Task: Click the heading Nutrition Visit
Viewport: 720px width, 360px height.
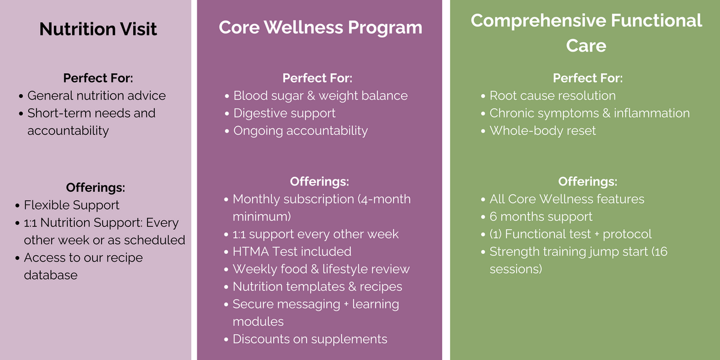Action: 98,29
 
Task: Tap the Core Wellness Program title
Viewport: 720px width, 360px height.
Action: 320,28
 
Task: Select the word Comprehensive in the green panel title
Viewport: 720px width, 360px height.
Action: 538,21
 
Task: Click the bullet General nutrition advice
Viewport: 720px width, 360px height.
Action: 97,95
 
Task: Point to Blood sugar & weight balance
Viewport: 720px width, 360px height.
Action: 320,96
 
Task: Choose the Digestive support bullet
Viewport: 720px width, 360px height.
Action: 284,113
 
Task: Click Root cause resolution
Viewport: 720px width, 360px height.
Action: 553,95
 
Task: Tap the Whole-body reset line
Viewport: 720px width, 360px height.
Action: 542,131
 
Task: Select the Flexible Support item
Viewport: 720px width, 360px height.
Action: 71,205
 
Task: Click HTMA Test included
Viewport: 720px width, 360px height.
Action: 292,251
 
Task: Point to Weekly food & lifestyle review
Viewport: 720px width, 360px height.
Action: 321,269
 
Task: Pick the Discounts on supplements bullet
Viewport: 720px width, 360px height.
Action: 310,339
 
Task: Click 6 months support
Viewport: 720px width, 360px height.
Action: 541,217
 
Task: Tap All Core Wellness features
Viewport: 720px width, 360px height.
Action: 567,199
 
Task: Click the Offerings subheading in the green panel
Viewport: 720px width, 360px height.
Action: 587,182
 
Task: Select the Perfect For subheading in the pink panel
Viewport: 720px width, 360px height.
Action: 98,78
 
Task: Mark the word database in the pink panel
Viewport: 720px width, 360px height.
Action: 50,275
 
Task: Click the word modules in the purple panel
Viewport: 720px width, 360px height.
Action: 258,322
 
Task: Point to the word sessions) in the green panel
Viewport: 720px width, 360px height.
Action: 516,269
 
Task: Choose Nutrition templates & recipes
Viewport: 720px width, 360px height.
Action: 317,287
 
